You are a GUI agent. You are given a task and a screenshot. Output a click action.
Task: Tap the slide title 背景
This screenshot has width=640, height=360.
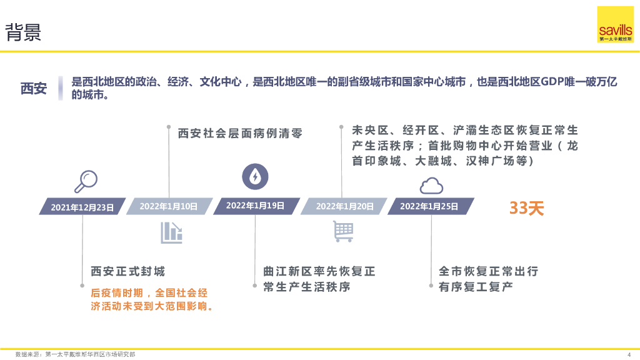24,32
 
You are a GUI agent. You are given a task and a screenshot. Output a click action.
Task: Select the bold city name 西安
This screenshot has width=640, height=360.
34,89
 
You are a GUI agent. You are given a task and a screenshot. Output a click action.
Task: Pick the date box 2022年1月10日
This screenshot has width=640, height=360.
169,206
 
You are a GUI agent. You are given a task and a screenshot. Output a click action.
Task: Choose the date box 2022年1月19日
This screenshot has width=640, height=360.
255,206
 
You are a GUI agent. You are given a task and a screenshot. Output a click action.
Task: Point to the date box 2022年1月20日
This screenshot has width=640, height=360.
344,206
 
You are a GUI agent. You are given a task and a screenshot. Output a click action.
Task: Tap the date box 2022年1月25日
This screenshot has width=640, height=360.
429,206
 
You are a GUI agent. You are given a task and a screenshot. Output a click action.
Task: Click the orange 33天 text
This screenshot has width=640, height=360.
526,208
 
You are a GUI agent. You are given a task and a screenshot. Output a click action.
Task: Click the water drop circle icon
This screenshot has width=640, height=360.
254,176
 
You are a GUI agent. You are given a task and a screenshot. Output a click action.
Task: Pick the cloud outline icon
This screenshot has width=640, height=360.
431,185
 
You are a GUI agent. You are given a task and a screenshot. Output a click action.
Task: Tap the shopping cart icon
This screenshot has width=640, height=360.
342,231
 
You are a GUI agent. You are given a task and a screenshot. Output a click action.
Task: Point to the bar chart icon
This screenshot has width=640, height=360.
171,232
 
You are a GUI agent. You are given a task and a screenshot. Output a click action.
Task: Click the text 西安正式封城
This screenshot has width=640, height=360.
127,272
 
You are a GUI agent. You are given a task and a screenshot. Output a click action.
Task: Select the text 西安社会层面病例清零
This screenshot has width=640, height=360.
240,134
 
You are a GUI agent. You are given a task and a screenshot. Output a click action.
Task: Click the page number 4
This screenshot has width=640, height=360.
628,354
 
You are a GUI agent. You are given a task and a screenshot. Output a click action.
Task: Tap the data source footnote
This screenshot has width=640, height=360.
75,354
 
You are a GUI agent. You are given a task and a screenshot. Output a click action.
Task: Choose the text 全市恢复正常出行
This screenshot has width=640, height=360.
488,272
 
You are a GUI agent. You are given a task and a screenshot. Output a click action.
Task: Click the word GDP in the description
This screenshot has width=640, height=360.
553,82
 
